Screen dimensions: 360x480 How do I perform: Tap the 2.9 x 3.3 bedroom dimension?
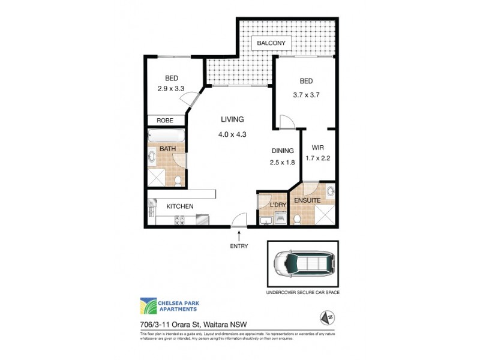point(170,88)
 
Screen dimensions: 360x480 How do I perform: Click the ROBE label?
point(165,121)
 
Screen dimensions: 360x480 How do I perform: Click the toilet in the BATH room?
point(178,180)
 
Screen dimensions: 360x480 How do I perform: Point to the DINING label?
point(282,151)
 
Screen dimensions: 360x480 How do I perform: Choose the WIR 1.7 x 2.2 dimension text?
point(318,158)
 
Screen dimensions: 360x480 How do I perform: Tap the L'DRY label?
point(278,205)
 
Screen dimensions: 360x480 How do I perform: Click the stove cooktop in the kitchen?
point(178,221)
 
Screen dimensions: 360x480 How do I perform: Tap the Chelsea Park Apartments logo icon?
point(149,306)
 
